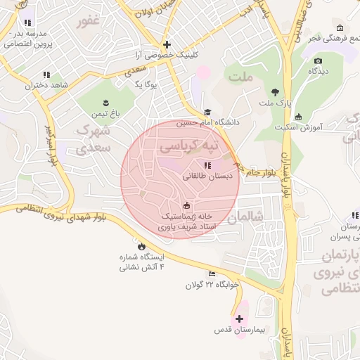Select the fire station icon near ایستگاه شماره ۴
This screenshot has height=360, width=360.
pos(141,246)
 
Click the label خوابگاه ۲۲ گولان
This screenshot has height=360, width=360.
pos(212,285)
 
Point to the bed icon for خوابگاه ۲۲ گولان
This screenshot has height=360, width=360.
pos(212,274)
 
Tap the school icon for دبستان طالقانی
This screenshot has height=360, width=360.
pos(207,165)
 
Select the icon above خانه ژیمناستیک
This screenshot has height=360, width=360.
pos(186,205)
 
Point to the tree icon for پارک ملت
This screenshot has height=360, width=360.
pos(275,92)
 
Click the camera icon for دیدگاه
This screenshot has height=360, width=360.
pos(318,61)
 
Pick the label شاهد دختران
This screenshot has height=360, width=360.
pos(46,85)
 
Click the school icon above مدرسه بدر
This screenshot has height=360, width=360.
pos(27,23)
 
